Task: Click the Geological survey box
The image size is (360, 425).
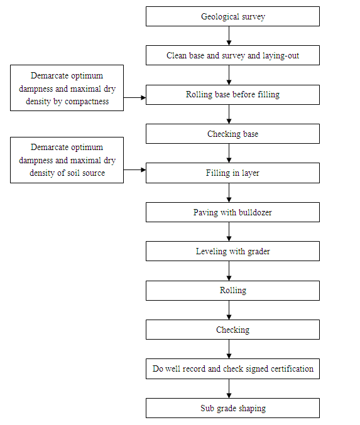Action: [x=232, y=16]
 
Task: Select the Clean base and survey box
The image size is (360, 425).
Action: [x=232, y=55]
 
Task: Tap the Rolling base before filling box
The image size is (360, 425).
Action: [x=232, y=95]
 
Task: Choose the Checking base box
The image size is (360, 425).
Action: [x=232, y=134]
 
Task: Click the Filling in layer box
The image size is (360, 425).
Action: [x=232, y=173]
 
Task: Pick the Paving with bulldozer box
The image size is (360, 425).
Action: [x=232, y=212]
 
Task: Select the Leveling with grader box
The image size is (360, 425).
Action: [x=232, y=251]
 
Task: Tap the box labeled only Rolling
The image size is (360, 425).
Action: [x=232, y=290]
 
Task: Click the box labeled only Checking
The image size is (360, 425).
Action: [x=232, y=330]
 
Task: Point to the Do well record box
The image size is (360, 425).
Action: [x=232, y=369]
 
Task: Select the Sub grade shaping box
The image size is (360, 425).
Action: [x=232, y=408]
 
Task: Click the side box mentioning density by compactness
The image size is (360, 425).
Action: [x=67, y=88]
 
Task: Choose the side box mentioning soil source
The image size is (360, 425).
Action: [x=67, y=161]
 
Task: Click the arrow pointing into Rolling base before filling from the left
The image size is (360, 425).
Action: [x=134, y=97]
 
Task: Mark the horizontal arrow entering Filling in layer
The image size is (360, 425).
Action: [x=134, y=169]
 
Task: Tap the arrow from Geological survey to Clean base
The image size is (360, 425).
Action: [x=229, y=36]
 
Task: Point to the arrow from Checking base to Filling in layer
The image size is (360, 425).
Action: [x=229, y=153]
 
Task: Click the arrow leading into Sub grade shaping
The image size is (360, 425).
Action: [x=229, y=389]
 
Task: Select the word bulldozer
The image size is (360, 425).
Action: [x=251, y=212]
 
